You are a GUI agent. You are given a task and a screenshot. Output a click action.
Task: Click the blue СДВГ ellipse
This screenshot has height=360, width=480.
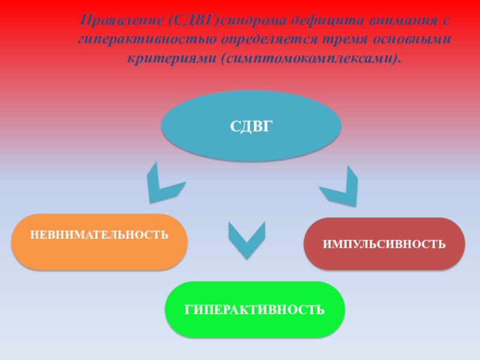(x=251, y=126)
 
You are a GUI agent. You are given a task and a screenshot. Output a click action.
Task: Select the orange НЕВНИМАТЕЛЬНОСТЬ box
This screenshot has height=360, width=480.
(x=100, y=242)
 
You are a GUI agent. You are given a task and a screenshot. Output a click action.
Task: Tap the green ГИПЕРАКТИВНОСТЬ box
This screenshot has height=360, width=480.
(x=255, y=309)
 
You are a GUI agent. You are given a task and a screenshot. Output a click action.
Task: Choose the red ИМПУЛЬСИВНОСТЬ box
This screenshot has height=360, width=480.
(x=384, y=244)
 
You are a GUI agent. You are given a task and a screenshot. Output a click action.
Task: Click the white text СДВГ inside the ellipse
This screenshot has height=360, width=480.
(x=251, y=127)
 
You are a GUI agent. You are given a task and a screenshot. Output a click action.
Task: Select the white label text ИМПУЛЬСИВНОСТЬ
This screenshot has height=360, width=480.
(x=384, y=244)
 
